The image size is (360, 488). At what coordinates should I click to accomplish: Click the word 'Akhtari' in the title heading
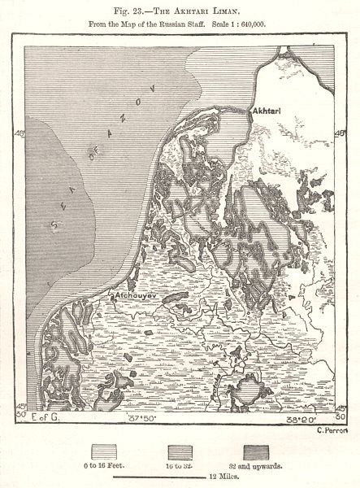(x=194, y=11)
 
